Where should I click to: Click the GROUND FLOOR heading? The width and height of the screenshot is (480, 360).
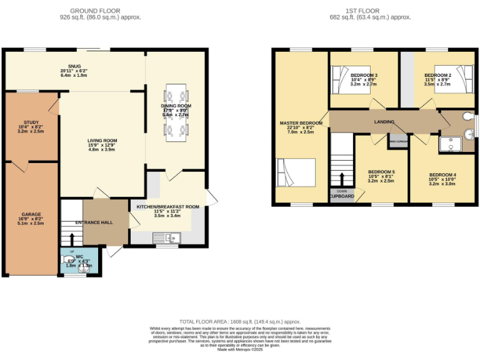[95, 11]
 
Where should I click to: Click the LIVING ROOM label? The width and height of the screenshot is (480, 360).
[102, 141]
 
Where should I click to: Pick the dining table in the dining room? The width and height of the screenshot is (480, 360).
[176, 112]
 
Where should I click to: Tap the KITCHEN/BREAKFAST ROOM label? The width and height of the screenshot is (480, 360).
[167, 206]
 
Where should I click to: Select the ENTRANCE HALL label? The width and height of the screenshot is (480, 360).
[94, 222]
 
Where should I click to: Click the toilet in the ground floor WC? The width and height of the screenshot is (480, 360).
[67, 261]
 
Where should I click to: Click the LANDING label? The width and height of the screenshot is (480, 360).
[384, 122]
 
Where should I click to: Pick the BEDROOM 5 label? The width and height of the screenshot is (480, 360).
[381, 172]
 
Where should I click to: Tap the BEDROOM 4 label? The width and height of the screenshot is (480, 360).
[442, 174]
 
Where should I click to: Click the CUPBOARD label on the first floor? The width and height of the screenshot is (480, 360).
[342, 197]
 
